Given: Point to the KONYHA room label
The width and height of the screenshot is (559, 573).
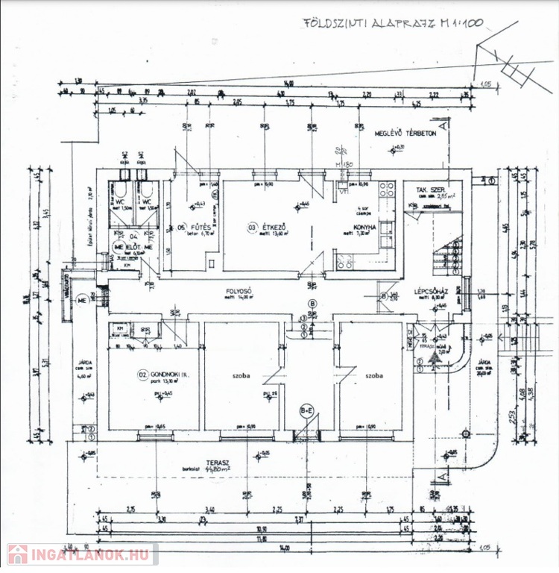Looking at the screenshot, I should (367, 226).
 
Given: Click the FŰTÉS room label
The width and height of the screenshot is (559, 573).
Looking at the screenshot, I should (198, 228).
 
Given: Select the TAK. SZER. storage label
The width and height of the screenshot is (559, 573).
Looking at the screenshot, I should (431, 191).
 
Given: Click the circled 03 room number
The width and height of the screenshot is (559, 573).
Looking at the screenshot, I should (253, 227).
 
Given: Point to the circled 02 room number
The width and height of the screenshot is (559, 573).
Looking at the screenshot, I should (141, 374).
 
